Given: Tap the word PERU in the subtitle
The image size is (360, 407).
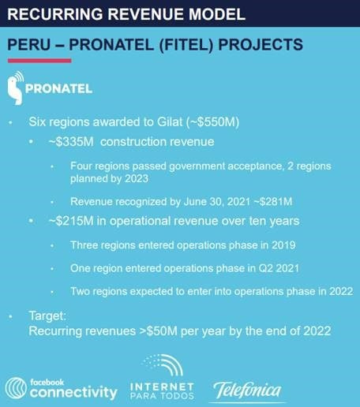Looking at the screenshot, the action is (29, 44).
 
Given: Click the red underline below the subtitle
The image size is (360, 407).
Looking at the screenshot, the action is (39, 61).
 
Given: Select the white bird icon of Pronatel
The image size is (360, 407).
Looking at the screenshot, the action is (16, 88).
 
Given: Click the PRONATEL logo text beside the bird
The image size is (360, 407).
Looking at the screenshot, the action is (58, 88).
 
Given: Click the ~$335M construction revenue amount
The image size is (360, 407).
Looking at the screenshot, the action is (71, 142).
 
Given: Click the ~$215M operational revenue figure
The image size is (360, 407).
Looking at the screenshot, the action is (71, 221).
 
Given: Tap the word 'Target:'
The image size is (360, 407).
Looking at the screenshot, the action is (47, 316).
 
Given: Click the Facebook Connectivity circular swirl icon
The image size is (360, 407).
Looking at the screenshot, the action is (16, 388).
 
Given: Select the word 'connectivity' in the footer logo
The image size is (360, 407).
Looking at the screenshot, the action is (73, 392).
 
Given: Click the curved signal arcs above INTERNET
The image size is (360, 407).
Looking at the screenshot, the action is (163, 365).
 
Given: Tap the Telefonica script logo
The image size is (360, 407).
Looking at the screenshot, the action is (247, 390).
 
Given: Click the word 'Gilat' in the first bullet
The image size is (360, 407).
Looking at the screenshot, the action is (170, 121).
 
